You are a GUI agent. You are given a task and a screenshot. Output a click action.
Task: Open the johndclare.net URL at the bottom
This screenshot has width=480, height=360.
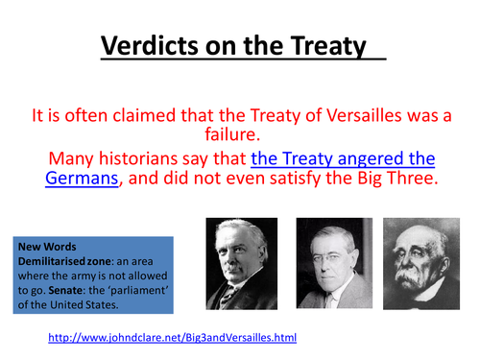click(x=173, y=338)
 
